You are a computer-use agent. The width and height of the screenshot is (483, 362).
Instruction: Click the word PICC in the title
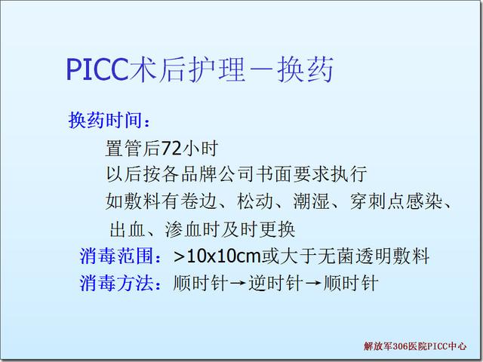tap(97, 69)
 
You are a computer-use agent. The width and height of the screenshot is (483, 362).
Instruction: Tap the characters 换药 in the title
tap(305, 69)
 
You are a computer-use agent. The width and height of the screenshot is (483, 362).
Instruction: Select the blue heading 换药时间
tap(106, 120)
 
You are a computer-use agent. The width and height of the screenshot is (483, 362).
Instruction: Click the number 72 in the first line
tap(171, 149)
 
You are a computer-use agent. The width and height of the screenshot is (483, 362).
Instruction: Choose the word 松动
tap(255, 201)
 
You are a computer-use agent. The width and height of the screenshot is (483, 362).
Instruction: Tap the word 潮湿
tap(312, 201)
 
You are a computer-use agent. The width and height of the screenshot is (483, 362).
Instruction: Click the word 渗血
tap(183, 229)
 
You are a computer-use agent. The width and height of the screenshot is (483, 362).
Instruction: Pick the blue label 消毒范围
tap(116, 256)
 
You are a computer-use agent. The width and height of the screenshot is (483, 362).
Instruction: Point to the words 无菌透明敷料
tap(374, 256)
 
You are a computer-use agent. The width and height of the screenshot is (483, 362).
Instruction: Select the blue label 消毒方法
tap(116, 283)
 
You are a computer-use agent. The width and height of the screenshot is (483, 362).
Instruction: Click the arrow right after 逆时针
tap(313, 284)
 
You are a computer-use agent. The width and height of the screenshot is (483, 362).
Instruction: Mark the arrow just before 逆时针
tap(238, 284)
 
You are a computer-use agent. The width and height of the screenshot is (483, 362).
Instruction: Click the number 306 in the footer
tap(401, 346)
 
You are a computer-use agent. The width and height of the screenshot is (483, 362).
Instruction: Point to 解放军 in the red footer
tap(378, 346)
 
